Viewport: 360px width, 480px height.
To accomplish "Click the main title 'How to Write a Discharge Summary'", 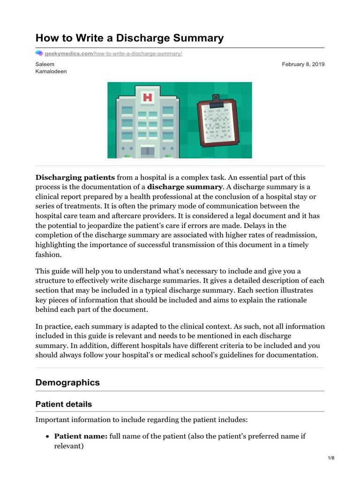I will coord(130,38).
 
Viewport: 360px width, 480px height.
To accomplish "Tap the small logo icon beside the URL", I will coord(39,54).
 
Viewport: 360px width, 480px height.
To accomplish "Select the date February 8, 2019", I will coord(303,64).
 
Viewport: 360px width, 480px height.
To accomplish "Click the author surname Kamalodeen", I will coord(52,72).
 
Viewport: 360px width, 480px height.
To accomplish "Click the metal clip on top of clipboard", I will coord(217,100).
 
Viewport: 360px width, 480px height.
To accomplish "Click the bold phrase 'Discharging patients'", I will coord(75,177).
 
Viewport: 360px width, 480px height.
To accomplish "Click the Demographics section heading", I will coord(67,382).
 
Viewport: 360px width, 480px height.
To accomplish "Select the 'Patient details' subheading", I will coord(64,404).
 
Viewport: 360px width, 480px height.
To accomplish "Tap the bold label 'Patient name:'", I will coord(81,436).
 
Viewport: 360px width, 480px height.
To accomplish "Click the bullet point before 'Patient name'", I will coord(48,436).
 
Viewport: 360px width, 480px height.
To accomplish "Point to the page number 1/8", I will coord(331,458).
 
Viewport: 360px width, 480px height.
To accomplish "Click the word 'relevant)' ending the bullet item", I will coord(69,446).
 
